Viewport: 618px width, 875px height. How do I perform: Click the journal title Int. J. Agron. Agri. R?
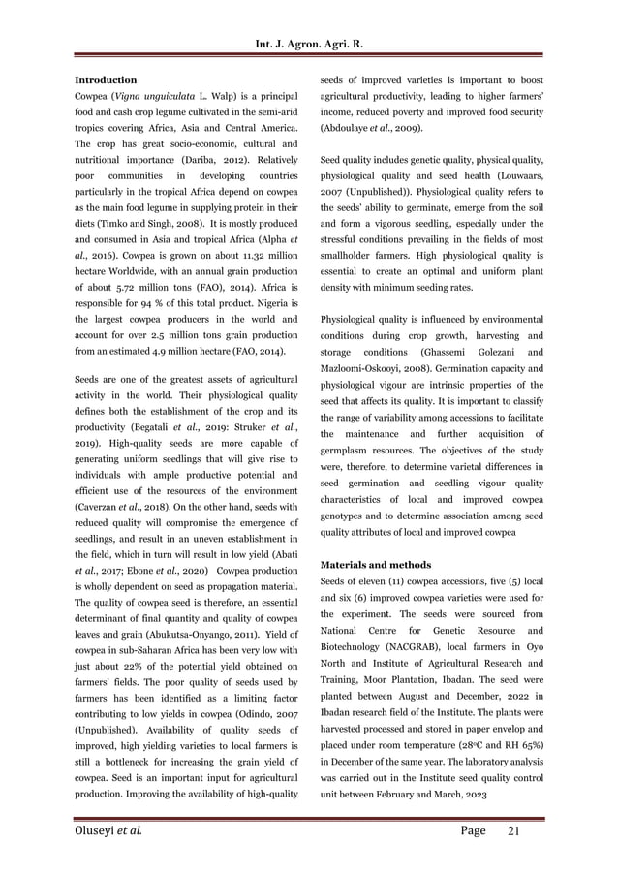(x=309, y=44)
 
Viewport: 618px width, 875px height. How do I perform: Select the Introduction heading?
(x=106, y=79)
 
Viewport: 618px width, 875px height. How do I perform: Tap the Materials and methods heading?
(x=376, y=564)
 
